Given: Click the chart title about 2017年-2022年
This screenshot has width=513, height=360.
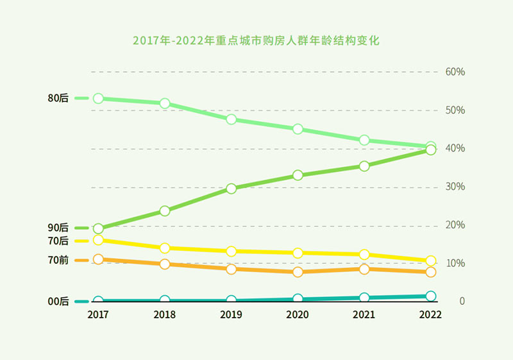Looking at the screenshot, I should click(x=256, y=40).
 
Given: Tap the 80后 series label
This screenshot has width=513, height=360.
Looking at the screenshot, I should click(x=58, y=98).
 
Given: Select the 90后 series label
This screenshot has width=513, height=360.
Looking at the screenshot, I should click(x=58, y=228).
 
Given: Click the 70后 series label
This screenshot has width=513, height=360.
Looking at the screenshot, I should click(x=58, y=241).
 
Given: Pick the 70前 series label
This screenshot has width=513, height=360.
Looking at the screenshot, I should click(x=58, y=260).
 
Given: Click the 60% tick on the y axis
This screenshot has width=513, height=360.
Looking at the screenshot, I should click(x=455, y=71).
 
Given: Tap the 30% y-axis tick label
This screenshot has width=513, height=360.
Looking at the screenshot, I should click(x=455, y=187).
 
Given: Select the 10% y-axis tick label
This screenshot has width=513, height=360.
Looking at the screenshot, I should click(x=455, y=263).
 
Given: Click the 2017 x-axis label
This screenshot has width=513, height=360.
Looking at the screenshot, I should click(x=98, y=315).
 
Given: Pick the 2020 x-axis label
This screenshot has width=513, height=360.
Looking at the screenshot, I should click(x=298, y=315).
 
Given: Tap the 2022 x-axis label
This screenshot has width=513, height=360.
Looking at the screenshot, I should click(x=430, y=315).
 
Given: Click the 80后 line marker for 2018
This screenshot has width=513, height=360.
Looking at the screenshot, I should click(x=165, y=103).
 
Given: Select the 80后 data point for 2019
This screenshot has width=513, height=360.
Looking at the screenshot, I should click(x=231, y=119).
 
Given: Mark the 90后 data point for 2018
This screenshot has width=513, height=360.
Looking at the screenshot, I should click(x=165, y=210).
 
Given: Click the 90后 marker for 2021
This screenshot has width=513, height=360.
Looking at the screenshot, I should click(x=364, y=166).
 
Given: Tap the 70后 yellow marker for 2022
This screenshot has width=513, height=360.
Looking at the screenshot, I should click(x=431, y=261).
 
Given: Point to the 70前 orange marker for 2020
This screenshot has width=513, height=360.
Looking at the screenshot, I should click(x=298, y=272).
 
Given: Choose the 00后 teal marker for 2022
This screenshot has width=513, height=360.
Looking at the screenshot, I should click(x=431, y=296).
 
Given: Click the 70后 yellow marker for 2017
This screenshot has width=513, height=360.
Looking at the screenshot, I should click(x=98, y=240).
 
